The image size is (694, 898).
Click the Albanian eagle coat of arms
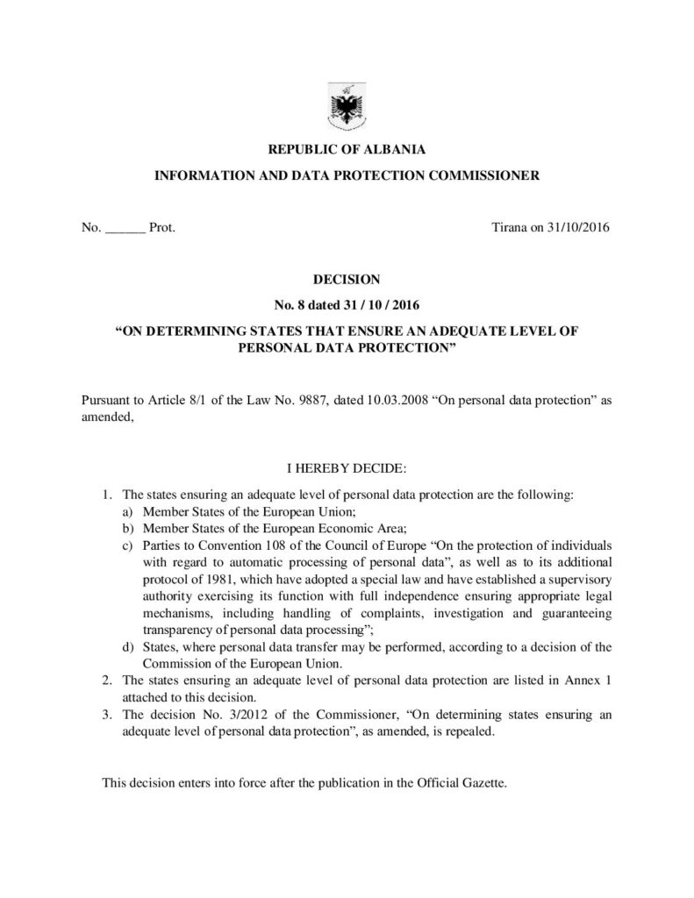347,108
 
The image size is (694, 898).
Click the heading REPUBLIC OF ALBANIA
347,151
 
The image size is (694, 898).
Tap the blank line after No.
125,229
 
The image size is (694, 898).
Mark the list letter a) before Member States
128,511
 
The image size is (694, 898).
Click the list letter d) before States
128,648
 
